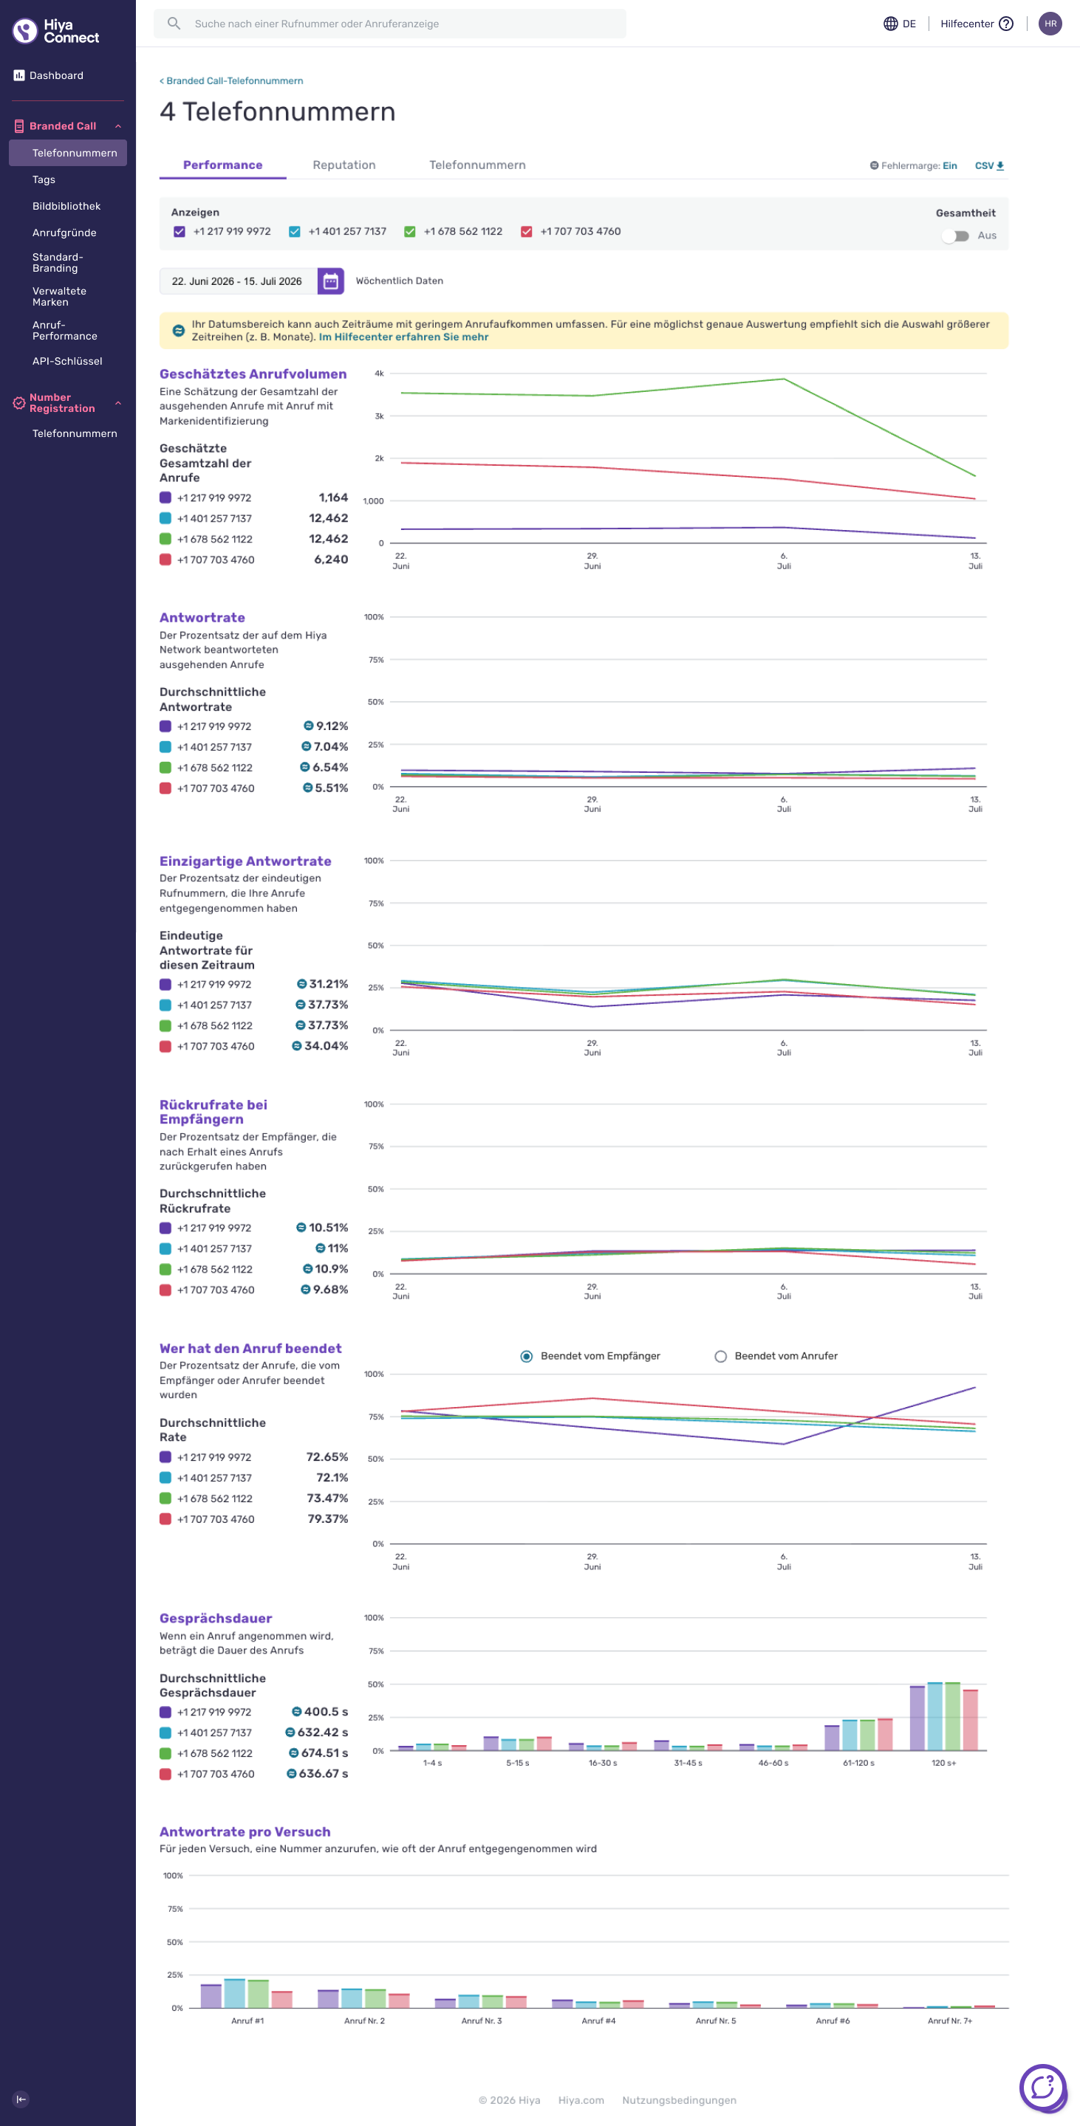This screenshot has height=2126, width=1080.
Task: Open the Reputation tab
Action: (x=344, y=165)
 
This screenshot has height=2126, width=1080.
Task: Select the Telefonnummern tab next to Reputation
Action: (x=477, y=165)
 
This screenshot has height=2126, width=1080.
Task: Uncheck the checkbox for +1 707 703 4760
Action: (x=526, y=232)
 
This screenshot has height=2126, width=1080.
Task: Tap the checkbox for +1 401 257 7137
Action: (x=294, y=232)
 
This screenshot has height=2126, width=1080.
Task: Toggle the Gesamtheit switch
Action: (x=955, y=236)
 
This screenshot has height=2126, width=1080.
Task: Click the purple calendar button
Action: (x=330, y=281)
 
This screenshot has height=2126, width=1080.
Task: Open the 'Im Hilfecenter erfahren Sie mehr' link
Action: (x=404, y=337)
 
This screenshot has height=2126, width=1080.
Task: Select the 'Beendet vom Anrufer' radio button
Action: (x=721, y=1356)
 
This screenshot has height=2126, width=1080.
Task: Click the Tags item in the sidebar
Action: (x=44, y=180)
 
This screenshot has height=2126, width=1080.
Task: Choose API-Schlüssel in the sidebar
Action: (x=68, y=362)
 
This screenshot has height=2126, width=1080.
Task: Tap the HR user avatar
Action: (x=1050, y=24)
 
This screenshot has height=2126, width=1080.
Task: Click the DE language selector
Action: (x=899, y=24)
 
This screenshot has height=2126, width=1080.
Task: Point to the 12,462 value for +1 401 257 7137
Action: (x=329, y=518)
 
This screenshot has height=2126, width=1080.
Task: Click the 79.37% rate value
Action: (x=328, y=1518)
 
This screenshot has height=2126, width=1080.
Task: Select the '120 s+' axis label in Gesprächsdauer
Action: (x=944, y=1763)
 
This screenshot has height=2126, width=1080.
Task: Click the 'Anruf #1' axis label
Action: (x=247, y=2020)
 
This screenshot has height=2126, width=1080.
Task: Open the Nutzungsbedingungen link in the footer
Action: (x=680, y=2100)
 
